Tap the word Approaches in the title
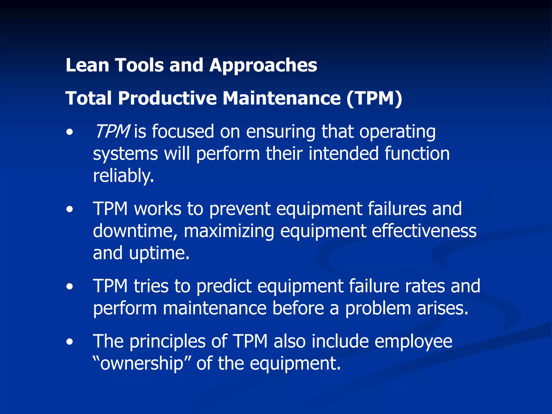pyautogui.click(x=263, y=66)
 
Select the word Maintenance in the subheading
pyautogui.click(x=281, y=98)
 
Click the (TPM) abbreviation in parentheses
pyautogui.click(x=374, y=98)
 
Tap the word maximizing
pyautogui.click(x=229, y=231)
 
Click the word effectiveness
pyautogui.click(x=424, y=231)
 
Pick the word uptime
pyautogui.click(x=159, y=253)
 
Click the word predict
pyautogui.click(x=224, y=286)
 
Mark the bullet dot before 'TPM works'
pyautogui.click(x=70, y=209)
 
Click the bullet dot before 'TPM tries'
pyautogui.click(x=70, y=287)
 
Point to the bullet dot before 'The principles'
pyautogui.click(x=70, y=342)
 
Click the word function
pyautogui.click(x=417, y=154)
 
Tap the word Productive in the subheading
pyautogui.click(x=167, y=98)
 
